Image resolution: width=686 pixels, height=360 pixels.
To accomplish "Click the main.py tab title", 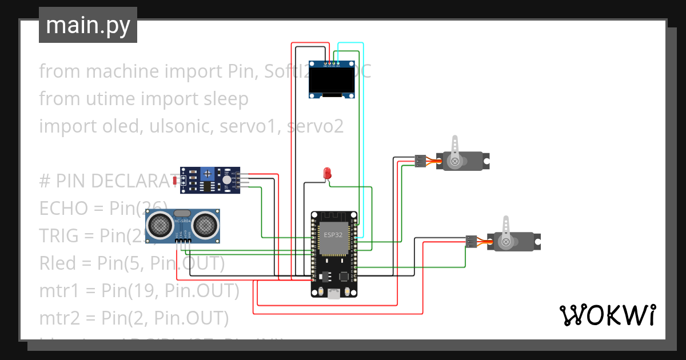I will click(x=87, y=26).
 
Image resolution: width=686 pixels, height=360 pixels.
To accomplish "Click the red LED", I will click(x=328, y=173).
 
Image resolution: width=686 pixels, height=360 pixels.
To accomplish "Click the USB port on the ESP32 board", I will click(x=333, y=294).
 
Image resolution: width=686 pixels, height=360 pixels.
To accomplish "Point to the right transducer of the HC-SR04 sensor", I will click(x=205, y=225).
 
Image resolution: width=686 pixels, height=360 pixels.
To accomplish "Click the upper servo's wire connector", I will click(x=420, y=161).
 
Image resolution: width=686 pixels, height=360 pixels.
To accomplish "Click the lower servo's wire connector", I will click(x=472, y=241).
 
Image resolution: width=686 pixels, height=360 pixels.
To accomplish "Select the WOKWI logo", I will click(x=607, y=315).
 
